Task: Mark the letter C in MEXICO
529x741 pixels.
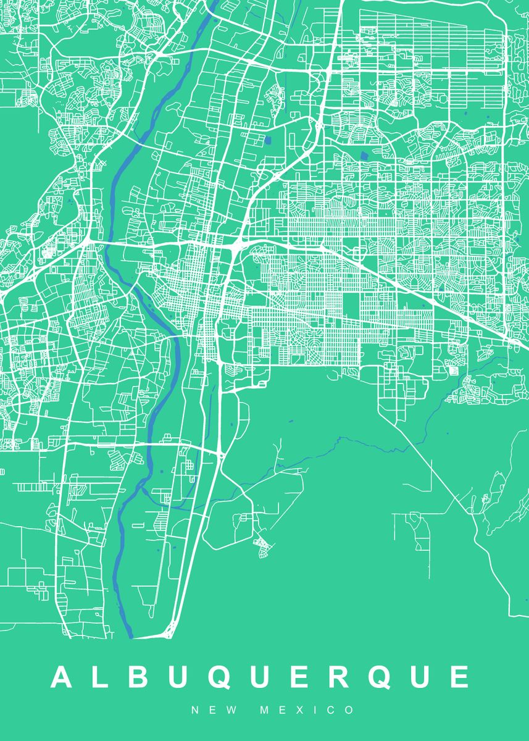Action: point(336,711)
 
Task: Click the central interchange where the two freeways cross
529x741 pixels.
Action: point(236,246)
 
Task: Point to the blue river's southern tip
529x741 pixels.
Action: point(130,636)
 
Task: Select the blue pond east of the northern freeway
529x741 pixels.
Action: point(362,156)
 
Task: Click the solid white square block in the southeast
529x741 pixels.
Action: point(456,371)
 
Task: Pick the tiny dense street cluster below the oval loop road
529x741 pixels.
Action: point(262,544)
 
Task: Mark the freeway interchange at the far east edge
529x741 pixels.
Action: point(513,341)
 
